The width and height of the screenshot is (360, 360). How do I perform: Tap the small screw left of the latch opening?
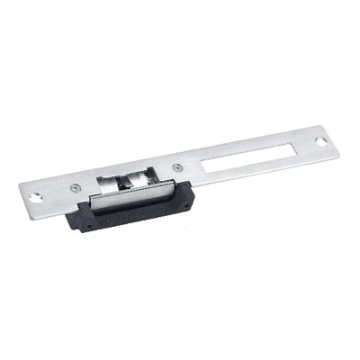[74, 185]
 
